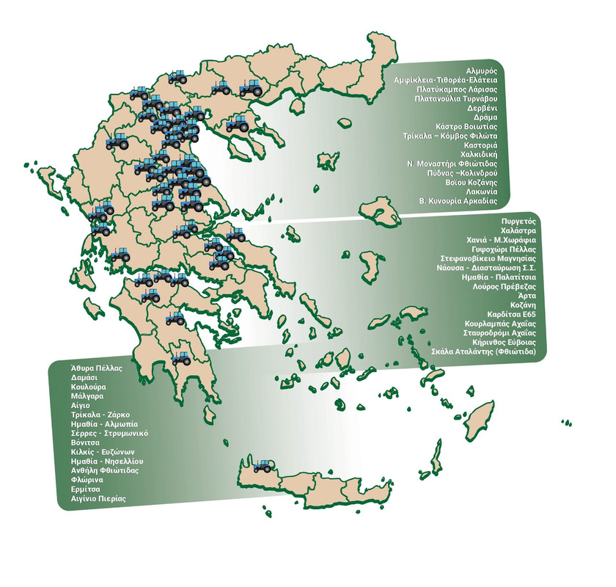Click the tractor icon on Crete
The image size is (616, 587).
(x=262, y=465)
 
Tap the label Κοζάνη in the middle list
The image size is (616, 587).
(x=524, y=305)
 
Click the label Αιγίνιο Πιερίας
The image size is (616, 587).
(x=94, y=498)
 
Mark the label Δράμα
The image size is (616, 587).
(x=483, y=116)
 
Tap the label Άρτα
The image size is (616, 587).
(x=527, y=296)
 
